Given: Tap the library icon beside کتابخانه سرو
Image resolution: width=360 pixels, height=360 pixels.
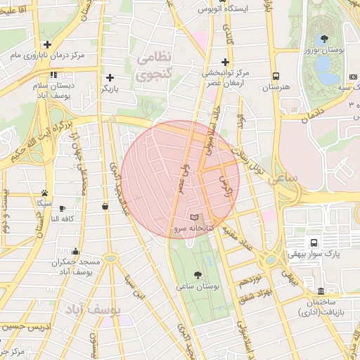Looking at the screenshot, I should click(195, 217).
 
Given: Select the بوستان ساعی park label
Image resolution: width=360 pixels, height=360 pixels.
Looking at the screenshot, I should click(198, 287).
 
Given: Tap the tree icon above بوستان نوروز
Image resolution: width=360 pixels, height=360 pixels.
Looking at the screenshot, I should click(323, 39).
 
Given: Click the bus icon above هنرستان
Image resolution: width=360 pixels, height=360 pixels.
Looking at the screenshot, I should click(276, 75).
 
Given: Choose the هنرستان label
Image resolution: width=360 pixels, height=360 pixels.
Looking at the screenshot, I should click(275, 87).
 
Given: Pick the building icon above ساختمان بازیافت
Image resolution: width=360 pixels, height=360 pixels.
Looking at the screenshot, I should click(321, 291).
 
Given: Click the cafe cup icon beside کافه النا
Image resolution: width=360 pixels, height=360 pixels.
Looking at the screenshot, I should click(62, 208).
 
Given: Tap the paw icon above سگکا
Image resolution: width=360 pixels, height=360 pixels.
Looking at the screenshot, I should click(44, 192).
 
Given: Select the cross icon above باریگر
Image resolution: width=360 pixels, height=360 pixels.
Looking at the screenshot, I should click(109, 77).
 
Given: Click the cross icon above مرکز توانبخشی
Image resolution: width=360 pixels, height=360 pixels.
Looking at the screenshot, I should click(225, 61).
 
